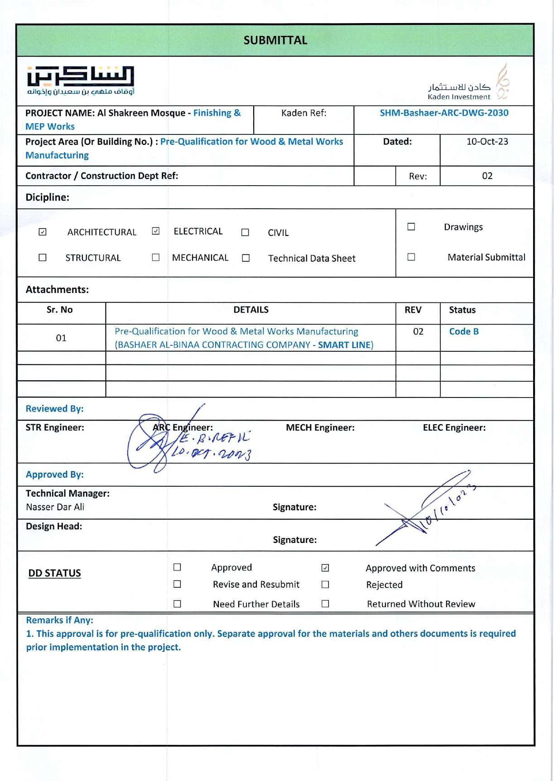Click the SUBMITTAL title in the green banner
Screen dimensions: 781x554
(x=275, y=40)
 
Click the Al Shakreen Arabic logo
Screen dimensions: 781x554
(x=81, y=81)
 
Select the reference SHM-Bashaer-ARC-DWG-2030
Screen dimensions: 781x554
(x=444, y=113)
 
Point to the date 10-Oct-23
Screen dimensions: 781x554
(x=487, y=142)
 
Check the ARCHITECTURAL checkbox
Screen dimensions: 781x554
(x=43, y=232)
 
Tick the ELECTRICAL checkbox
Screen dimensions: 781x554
(x=156, y=231)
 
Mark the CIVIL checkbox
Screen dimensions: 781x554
(x=245, y=232)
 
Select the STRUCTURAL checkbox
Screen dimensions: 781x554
(x=43, y=258)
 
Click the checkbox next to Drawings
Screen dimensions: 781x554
(x=411, y=227)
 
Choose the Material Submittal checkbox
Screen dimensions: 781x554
(x=411, y=257)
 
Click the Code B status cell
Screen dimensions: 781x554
(x=464, y=331)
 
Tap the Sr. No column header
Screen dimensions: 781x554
(x=59, y=310)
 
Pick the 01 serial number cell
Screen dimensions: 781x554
(x=61, y=338)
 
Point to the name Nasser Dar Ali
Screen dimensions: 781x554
(x=55, y=507)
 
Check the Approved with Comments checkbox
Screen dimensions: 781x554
(x=325, y=568)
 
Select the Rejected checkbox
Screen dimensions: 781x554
(x=325, y=585)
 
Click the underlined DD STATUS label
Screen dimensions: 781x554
(x=54, y=573)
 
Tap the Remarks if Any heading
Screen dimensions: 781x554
(x=59, y=620)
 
